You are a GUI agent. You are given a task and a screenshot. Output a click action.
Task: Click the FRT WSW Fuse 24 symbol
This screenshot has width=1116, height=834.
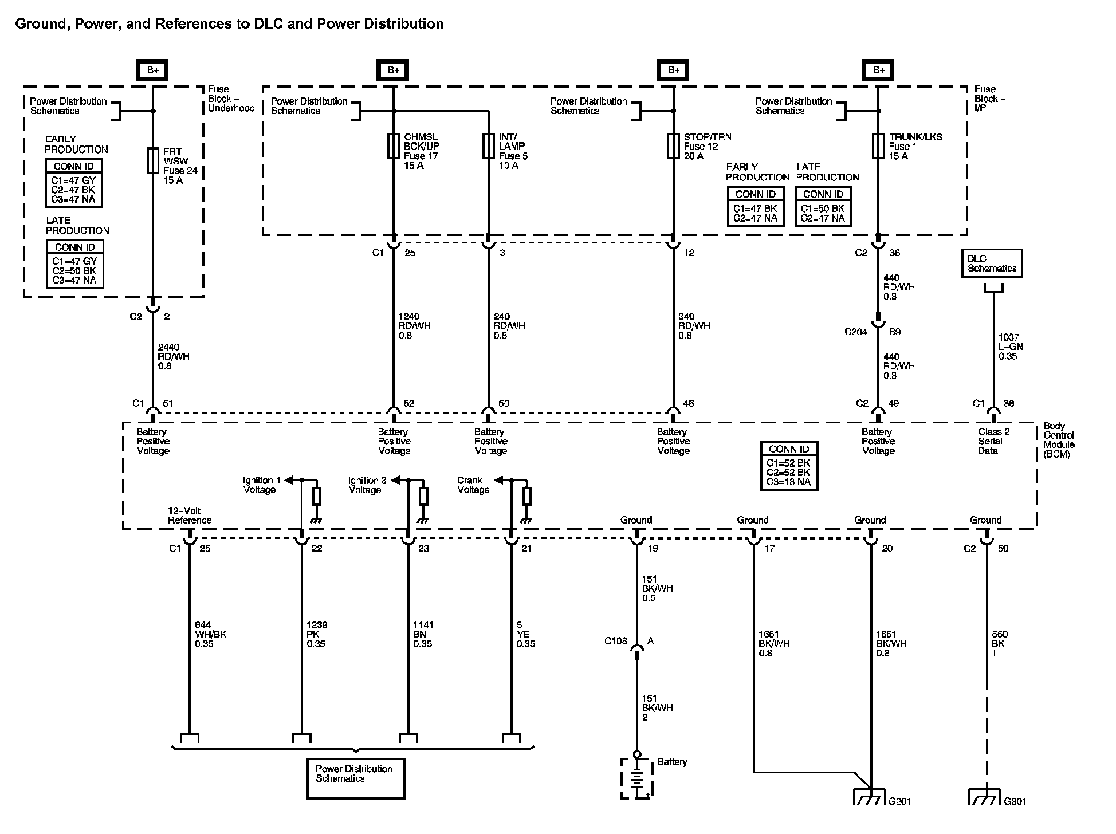153,160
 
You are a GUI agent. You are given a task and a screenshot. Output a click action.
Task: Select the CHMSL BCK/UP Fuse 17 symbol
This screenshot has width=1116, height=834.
394,146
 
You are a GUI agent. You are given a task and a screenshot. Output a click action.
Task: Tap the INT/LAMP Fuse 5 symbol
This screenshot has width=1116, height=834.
488,146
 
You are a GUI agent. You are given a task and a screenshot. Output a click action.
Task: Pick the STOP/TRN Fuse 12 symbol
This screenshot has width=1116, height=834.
673,146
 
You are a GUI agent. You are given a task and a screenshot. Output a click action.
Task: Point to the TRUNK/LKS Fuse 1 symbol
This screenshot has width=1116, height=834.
878,146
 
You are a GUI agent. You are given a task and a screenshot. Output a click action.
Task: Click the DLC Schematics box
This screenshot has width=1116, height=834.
992,263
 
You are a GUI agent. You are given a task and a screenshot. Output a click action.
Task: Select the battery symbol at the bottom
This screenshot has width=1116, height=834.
636,778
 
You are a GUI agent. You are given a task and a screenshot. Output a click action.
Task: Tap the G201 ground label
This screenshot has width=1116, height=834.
899,801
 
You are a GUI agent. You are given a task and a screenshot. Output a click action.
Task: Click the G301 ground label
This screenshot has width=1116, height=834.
1015,801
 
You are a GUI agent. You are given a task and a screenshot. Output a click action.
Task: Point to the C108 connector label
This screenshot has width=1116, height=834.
616,641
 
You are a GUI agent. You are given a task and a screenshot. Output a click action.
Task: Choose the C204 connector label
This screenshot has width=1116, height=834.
856,332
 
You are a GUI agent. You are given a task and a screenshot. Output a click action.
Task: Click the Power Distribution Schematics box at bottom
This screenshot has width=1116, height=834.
355,778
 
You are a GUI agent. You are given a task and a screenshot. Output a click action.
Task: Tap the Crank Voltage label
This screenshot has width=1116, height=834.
473,485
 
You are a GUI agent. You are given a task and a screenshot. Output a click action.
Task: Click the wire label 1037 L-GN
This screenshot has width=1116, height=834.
1010,347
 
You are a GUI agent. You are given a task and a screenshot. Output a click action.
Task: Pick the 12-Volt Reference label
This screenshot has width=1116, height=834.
189,515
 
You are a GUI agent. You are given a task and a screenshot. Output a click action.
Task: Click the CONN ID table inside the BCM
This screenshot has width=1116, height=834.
789,466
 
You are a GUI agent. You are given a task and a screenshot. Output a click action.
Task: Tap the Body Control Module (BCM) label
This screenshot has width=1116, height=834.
1059,440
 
